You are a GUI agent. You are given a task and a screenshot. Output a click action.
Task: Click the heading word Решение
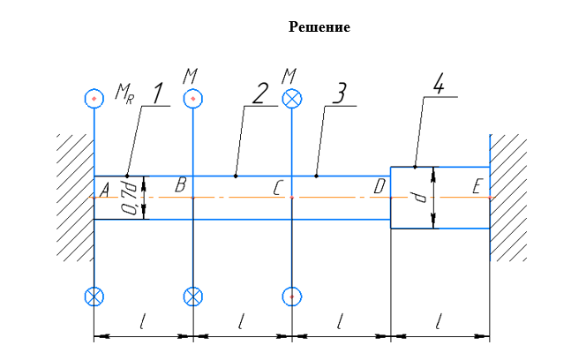point(319,27)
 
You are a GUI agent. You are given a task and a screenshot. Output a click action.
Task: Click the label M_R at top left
point(124,94)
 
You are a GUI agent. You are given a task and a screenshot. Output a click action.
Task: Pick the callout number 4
point(439,85)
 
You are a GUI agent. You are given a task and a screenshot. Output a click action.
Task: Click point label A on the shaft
point(104,189)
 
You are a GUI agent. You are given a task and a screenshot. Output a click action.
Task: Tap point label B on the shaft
point(180,185)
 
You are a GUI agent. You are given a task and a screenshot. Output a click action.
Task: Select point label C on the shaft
point(278,188)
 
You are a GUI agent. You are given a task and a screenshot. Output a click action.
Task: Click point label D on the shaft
point(379,186)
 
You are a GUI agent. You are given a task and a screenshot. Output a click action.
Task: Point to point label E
point(477,187)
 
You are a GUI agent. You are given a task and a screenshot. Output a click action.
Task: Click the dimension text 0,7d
point(130,199)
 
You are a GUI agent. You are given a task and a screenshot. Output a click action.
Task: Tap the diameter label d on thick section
point(421,198)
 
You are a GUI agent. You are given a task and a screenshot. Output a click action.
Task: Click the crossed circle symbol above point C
point(291,97)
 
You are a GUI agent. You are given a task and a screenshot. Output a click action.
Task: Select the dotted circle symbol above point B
point(193,97)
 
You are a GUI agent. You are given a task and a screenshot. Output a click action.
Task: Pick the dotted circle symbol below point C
point(291,296)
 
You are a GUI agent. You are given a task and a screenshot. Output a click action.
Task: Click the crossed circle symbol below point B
point(193,296)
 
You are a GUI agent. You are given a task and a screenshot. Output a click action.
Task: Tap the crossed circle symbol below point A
point(94,296)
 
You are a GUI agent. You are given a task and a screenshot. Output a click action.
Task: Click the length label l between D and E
point(439,323)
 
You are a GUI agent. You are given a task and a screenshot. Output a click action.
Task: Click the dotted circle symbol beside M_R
point(94,97)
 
